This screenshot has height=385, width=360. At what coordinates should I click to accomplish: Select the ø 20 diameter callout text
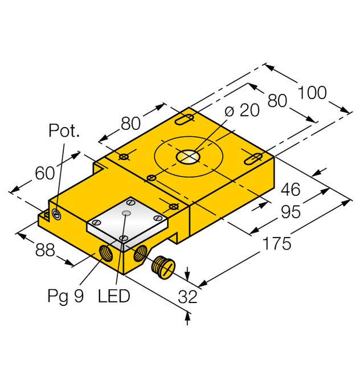(242, 110)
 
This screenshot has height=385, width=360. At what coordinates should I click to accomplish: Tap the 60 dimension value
(46, 173)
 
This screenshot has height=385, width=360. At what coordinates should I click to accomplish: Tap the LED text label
(114, 296)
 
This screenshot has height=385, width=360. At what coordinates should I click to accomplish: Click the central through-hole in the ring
(187, 157)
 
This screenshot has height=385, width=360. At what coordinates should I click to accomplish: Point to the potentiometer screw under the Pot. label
(56, 214)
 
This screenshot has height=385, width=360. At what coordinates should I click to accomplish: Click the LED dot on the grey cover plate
(127, 213)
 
